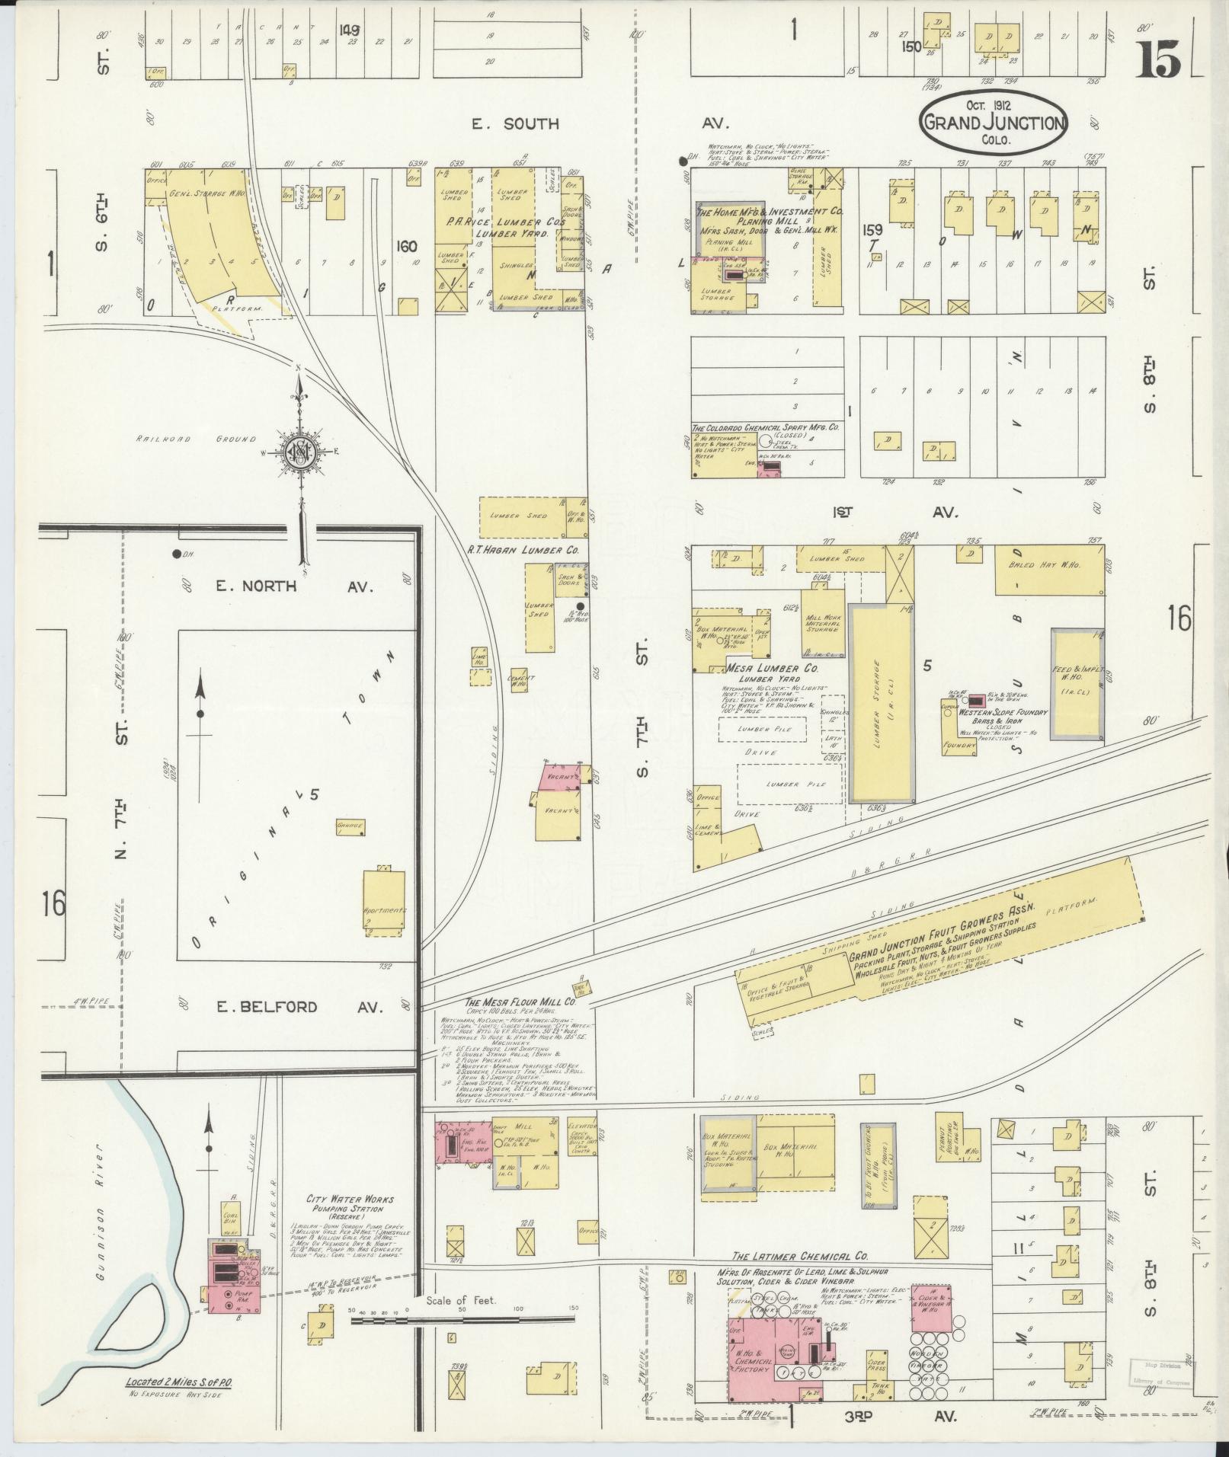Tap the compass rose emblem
[302, 451]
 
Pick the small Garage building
[350, 826]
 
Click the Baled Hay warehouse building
[1049, 570]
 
